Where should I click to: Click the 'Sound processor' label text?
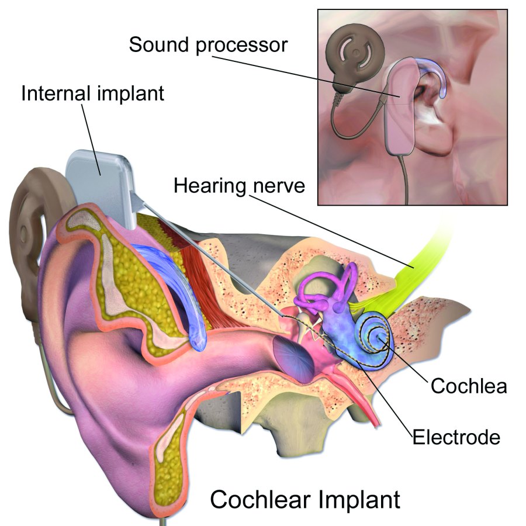pyautogui.click(x=208, y=45)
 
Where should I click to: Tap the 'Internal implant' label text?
pyautogui.click(x=92, y=94)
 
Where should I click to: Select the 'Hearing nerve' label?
pyautogui.click(x=239, y=185)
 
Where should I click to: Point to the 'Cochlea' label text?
pyautogui.click(x=468, y=386)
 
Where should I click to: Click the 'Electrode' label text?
pyautogui.click(x=456, y=437)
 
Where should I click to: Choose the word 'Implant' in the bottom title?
pyautogui.click(x=359, y=500)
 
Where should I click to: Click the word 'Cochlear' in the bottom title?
pyautogui.click(x=261, y=499)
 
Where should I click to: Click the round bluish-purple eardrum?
pyautogui.click(x=293, y=359)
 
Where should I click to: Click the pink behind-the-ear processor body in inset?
pyautogui.click(x=401, y=108)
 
